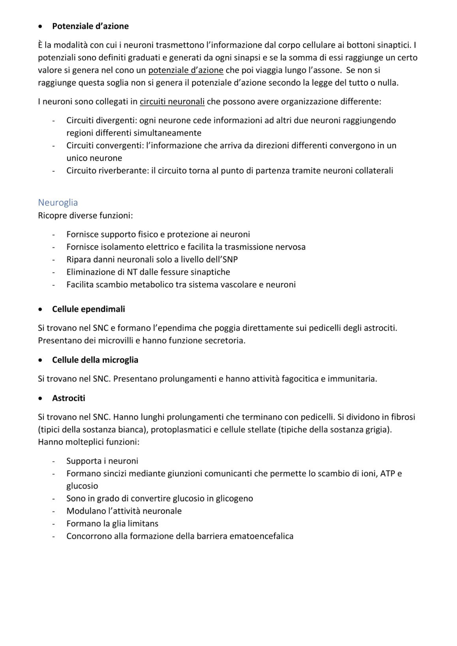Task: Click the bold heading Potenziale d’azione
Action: point(90,26)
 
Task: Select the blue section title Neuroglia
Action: point(58,203)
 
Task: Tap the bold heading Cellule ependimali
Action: point(88,309)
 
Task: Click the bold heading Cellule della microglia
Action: point(95,360)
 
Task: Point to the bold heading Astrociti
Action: point(69,398)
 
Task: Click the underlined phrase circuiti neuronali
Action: point(172,102)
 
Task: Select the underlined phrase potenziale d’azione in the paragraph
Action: point(186,70)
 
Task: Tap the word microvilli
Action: point(115,340)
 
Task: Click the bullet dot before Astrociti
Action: point(40,398)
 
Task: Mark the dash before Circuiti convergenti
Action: point(53,146)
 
